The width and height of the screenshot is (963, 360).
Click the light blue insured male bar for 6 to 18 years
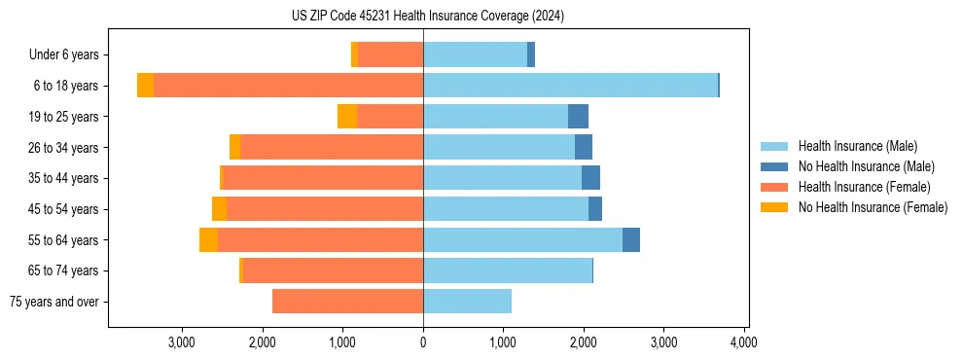point(570,86)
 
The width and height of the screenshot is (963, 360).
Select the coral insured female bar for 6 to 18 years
point(288,86)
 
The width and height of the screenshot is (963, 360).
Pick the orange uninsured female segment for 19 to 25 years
point(347,117)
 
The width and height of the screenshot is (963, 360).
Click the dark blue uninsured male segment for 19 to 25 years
point(578,117)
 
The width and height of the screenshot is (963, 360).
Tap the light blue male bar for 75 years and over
point(467,302)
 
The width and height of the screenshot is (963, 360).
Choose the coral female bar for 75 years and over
point(347,302)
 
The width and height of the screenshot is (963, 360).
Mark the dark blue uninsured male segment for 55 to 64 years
point(631,240)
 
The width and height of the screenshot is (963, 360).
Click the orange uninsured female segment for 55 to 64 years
point(208,240)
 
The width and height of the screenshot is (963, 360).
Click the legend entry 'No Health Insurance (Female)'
point(873,207)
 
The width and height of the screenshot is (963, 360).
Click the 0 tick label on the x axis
point(423,342)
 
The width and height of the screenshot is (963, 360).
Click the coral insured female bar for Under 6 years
point(390,55)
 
